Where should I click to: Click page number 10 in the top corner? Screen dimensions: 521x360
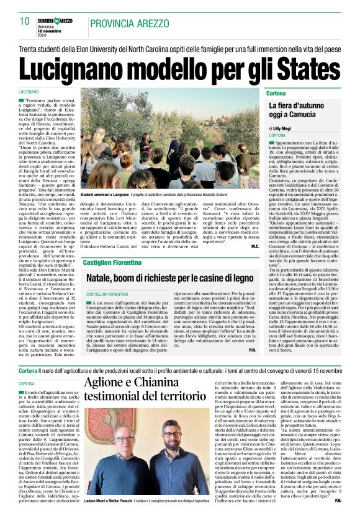(x=24, y=21)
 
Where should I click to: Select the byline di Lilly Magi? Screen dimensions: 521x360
(x=281, y=127)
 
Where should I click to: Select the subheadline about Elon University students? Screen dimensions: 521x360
(x=179, y=48)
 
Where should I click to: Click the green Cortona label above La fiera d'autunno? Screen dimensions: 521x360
(x=276, y=92)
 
